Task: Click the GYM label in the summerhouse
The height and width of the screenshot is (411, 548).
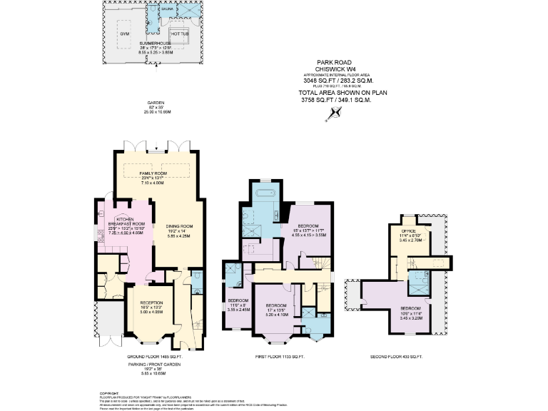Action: (123, 33)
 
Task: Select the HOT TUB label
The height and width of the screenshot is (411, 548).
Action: (178, 32)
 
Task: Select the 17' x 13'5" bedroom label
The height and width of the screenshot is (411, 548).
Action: (277, 309)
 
